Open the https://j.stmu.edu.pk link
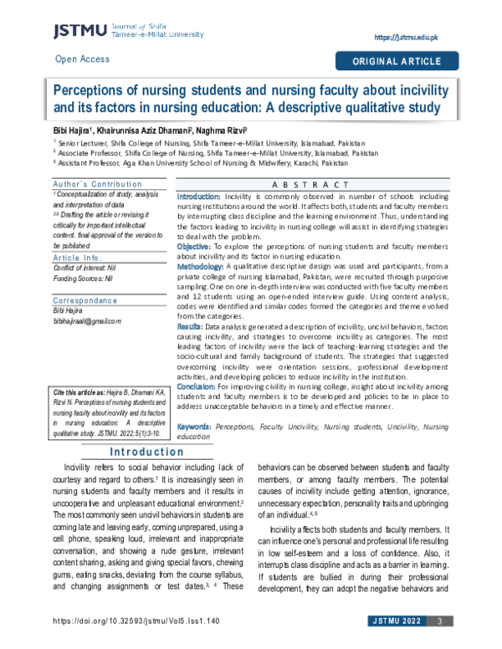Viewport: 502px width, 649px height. click(409, 38)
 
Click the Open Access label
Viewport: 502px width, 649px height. click(81, 59)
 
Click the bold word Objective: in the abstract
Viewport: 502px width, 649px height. click(195, 248)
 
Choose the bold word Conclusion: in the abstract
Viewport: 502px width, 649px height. click(197, 389)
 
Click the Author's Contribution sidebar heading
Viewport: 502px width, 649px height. click(86, 184)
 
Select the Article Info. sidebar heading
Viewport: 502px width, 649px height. click(77, 235)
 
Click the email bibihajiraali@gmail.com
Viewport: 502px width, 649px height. click(86, 298)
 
